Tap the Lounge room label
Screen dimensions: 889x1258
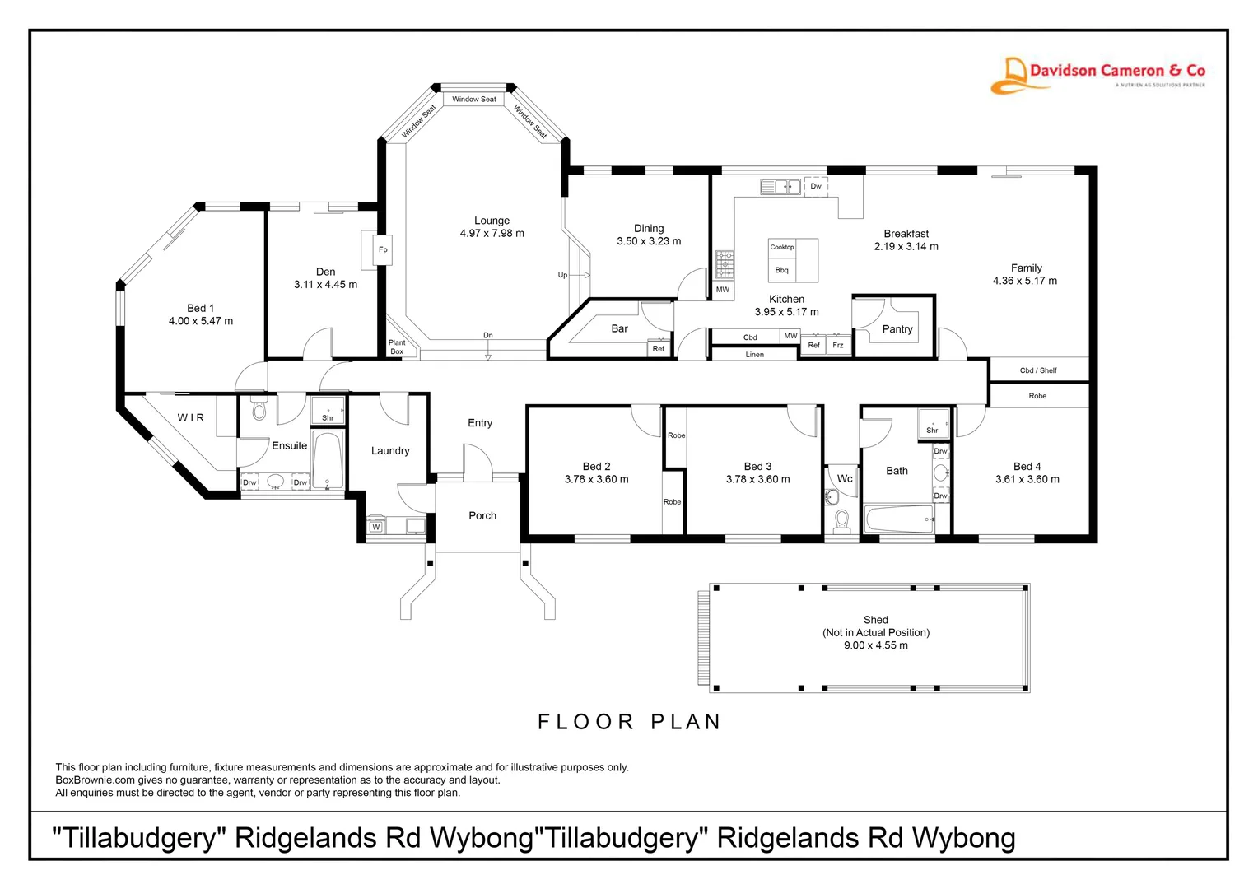[492, 221]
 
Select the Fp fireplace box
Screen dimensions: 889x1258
[382, 249]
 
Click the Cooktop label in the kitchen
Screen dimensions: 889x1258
[781, 247]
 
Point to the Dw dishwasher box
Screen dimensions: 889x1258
[816, 186]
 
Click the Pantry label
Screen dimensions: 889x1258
[897, 329]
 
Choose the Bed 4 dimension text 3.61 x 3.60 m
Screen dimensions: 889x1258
[1027, 479]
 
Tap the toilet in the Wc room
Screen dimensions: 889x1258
[841, 521]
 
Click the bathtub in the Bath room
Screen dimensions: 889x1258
[898, 519]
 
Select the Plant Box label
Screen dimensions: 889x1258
[397, 347]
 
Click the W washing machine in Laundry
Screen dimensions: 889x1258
[375, 527]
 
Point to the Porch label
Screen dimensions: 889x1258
[482, 516]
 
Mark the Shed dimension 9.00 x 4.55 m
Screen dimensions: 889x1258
[875, 645]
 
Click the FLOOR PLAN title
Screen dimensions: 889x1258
[630, 722]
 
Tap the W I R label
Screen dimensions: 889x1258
[191, 418]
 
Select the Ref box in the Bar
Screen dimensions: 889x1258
[658, 349]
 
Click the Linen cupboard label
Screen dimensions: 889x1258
[754, 355]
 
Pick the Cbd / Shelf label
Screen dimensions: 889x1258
[1037, 370]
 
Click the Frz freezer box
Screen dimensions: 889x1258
[837, 346]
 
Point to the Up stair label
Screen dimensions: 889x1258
[562, 275]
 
